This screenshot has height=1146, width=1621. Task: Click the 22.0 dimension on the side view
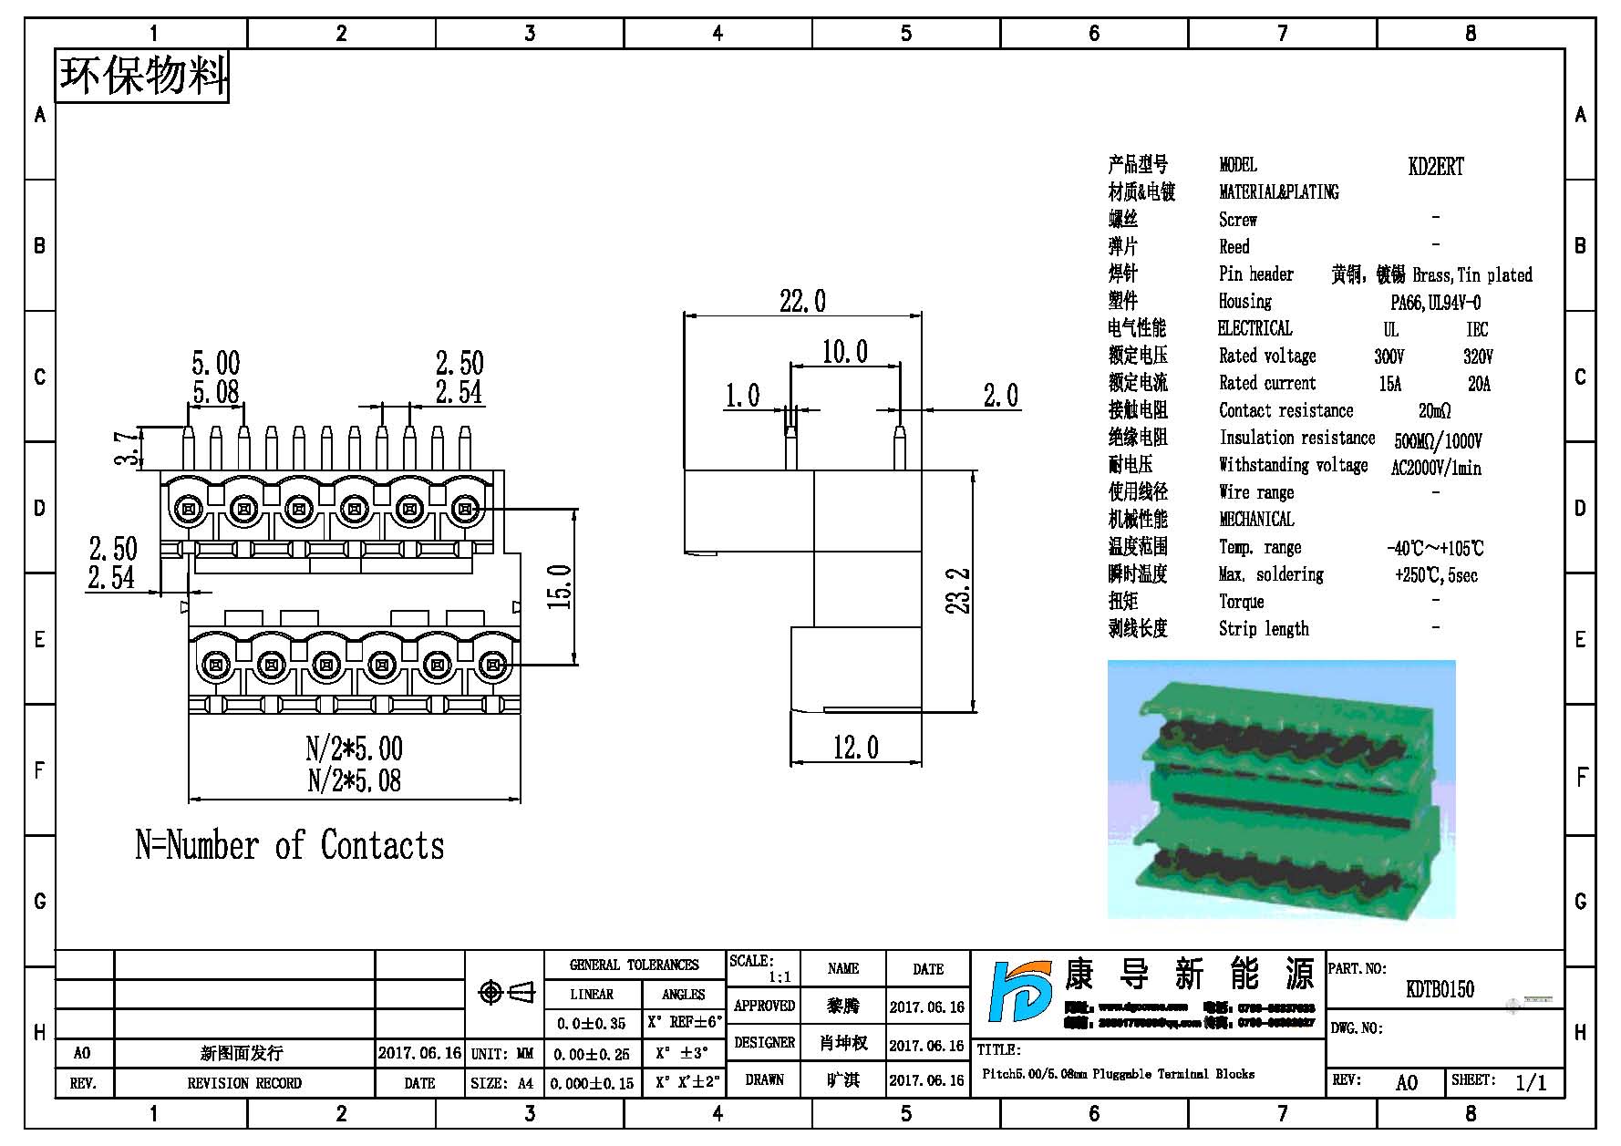point(802,301)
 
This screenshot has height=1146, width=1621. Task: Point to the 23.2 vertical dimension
point(958,591)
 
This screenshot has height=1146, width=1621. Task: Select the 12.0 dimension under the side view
point(855,749)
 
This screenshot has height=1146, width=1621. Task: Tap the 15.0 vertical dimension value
point(560,586)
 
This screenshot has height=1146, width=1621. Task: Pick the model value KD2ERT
point(1435,166)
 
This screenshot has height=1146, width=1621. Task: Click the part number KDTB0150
point(1440,989)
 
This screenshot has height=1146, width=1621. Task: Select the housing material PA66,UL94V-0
point(1435,302)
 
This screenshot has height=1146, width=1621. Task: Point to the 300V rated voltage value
point(1389,356)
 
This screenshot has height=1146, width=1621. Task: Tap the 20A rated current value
point(1479,384)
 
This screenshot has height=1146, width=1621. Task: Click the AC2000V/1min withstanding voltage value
point(1435,468)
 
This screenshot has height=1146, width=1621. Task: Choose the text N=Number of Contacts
point(290,845)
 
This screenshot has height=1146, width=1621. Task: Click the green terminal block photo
point(1281,789)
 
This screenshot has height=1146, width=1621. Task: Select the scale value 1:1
point(779,977)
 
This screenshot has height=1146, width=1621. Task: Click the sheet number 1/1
point(1531,1082)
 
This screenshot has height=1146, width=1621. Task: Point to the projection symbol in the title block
point(506,992)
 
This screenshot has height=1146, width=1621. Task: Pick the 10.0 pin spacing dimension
point(844,352)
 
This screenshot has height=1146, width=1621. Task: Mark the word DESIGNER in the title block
point(764,1043)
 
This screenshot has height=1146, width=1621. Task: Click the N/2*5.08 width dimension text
point(354,780)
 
